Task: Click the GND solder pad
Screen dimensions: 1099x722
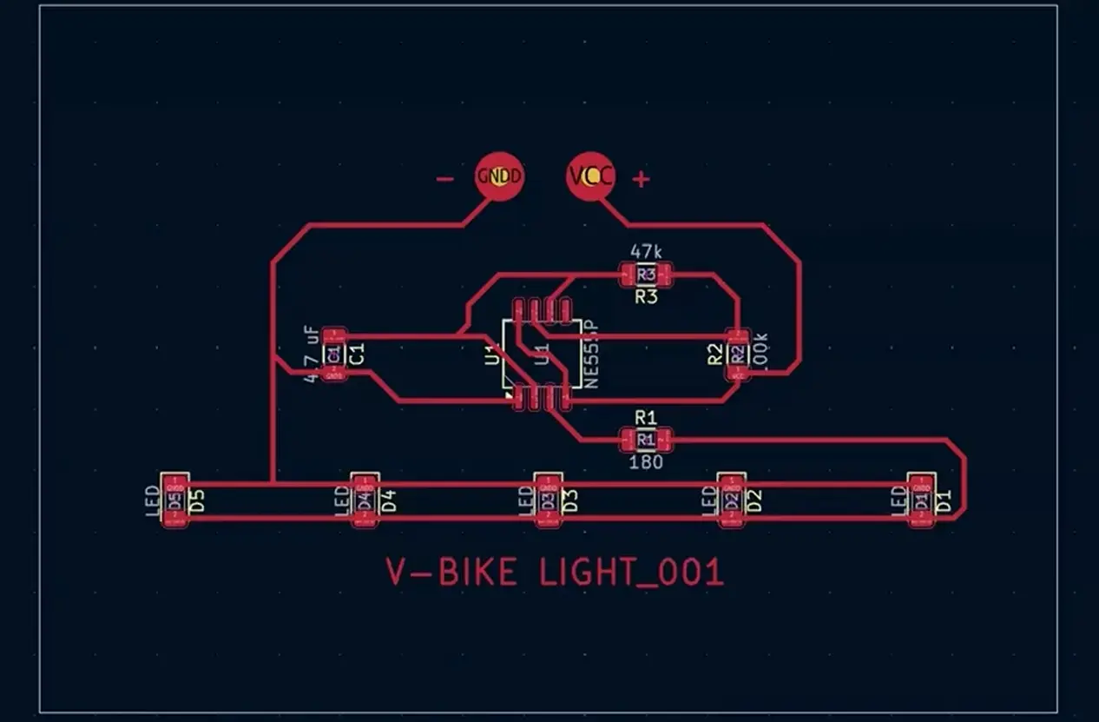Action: [500, 177]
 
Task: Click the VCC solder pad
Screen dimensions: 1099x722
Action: [590, 177]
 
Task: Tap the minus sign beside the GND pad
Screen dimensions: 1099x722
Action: [444, 179]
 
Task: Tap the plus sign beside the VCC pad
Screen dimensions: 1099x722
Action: [641, 179]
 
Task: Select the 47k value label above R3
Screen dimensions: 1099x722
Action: [646, 252]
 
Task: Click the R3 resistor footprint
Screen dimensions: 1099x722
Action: [645, 275]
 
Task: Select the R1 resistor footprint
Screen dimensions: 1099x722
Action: [645, 440]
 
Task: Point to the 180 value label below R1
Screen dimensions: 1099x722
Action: [646, 462]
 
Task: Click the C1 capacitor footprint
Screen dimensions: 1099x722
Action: [332, 354]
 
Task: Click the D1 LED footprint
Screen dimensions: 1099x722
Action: [921, 500]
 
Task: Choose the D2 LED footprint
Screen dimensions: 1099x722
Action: [732, 500]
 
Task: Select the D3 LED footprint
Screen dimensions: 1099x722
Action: [547, 500]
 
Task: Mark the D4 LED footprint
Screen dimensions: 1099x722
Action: [365, 500]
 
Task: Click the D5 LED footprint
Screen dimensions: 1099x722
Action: [175, 500]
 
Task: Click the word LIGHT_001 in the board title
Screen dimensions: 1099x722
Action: [631, 573]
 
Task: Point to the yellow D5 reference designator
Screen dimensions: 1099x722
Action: [197, 500]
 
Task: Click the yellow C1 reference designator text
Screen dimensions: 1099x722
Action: [356, 354]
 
